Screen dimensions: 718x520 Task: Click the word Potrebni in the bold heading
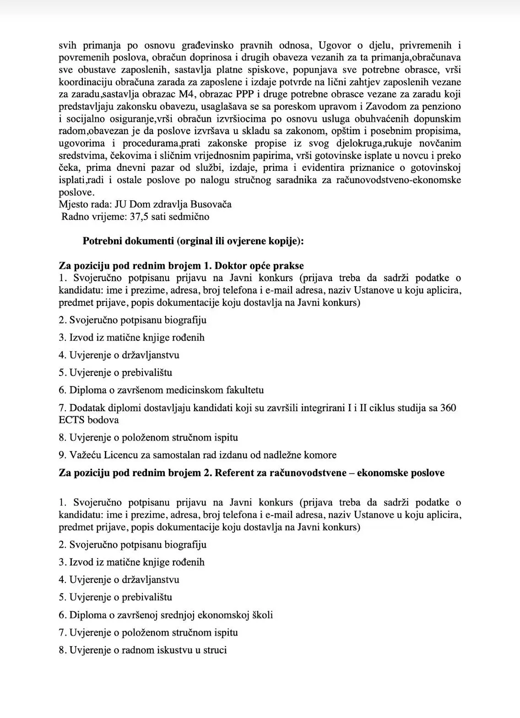point(102,241)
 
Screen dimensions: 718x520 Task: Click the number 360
point(447,408)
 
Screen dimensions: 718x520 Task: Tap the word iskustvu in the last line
point(174,650)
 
